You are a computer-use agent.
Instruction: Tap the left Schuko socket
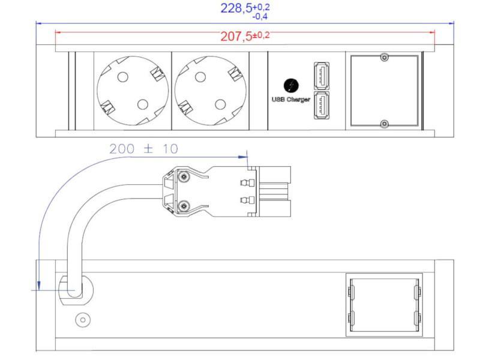point(133,91)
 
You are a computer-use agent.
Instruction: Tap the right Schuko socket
point(210,91)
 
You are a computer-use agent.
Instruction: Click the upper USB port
point(320,76)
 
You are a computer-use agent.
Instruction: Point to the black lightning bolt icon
point(290,86)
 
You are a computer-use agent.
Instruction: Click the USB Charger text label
point(290,100)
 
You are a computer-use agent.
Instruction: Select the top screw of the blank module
point(385,58)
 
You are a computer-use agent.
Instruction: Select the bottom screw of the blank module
point(385,124)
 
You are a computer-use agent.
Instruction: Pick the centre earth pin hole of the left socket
point(142,104)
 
